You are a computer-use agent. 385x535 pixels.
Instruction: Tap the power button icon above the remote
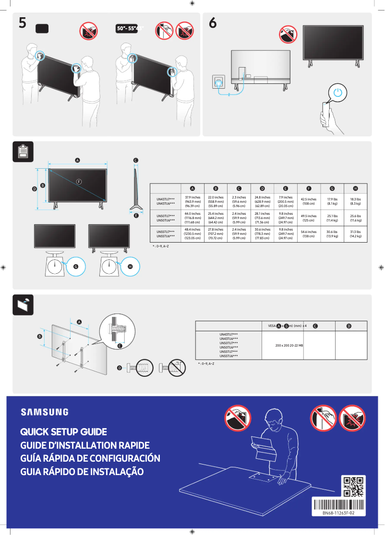(338, 93)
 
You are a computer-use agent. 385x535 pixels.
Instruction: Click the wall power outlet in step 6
(218, 82)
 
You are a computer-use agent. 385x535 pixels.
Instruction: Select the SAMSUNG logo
(44, 412)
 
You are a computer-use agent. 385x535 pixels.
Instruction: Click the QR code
(354, 486)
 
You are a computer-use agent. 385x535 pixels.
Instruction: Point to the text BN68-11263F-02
(338, 513)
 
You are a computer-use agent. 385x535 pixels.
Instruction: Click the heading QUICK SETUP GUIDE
(63, 432)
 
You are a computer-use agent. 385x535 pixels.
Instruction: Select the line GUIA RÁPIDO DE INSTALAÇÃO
(82, 472)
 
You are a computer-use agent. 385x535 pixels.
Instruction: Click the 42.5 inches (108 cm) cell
(309, 201)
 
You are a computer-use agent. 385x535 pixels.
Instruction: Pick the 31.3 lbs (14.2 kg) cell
(356, 234)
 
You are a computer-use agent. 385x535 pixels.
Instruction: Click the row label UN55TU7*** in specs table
(166, 232)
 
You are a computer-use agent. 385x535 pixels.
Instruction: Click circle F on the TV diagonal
(79, 182)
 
